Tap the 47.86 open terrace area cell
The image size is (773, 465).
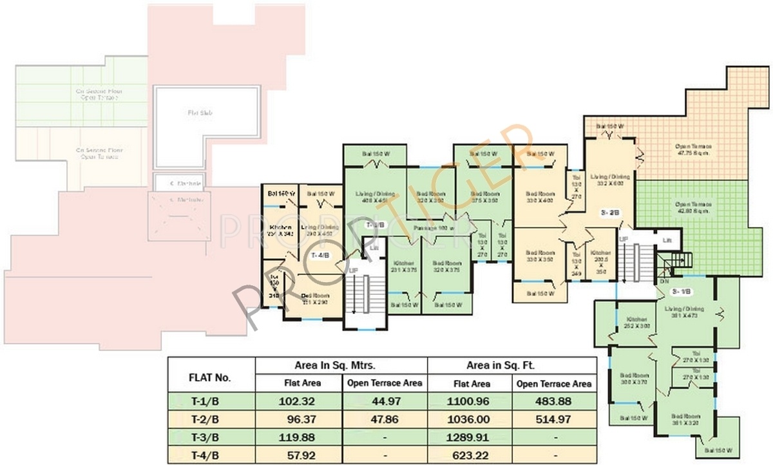pos(385,419)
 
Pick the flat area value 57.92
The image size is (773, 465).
pos(298,456)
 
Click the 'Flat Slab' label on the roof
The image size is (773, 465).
pos(200,113)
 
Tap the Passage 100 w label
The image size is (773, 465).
pos(436,227)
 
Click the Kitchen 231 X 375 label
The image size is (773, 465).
pos(405,267)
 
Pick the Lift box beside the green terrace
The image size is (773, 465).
pos(667,240)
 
